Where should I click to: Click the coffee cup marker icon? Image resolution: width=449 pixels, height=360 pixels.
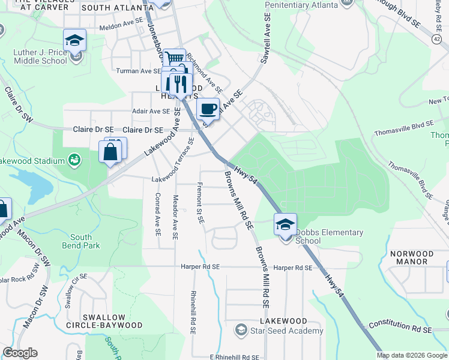[208, 109]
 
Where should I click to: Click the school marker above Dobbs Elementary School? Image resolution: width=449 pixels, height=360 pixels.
[286, 224]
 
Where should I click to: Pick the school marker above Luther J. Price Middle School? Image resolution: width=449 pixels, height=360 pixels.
[75, 40]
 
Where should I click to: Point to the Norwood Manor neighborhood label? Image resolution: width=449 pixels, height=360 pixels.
[409, 257]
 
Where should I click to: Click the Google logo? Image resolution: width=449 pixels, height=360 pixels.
[20, 353]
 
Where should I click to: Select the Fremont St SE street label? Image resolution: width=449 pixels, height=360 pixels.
[200, 204]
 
